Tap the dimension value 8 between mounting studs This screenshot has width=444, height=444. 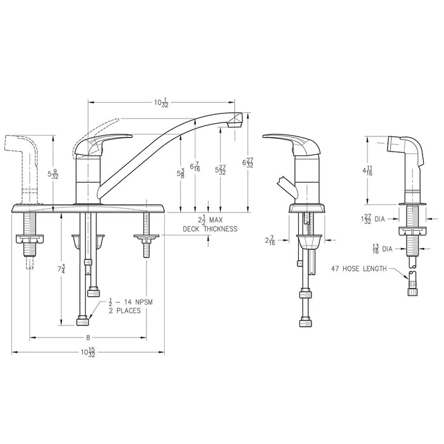(x=88, y=337)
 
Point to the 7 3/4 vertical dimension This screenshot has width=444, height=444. (x=62, y=270)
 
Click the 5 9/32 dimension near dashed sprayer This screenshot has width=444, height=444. (x=55, y=174)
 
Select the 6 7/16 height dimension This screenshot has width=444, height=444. (x=196, y=166)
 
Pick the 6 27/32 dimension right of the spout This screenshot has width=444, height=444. (x=249, y=162)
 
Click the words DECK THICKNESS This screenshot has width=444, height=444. (x=210, y=229)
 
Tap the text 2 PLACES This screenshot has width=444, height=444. (x=124, y=310)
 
